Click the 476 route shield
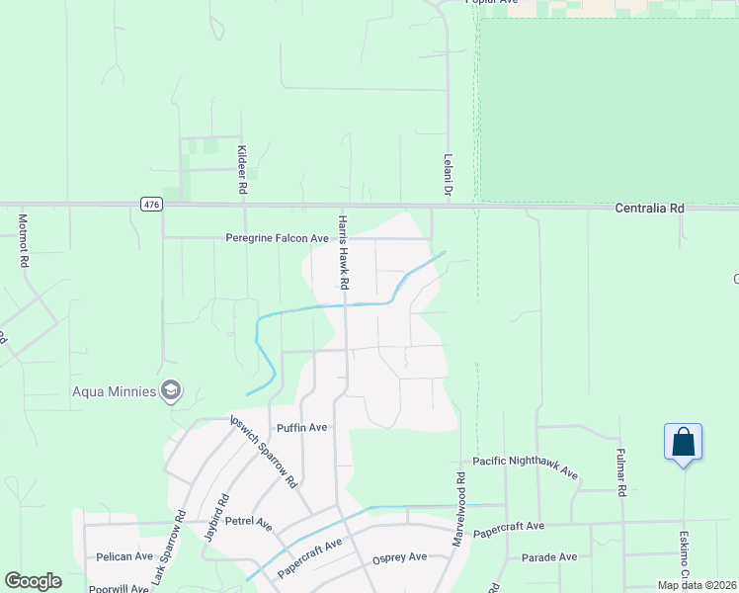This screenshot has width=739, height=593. click(150, 205)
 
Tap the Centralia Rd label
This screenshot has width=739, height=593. click(649, 209)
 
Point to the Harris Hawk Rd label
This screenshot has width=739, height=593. click(343, 252)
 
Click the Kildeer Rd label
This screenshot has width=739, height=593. click(241, 168)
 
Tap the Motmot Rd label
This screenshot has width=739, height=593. click(23, 241)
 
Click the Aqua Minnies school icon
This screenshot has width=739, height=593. click(171, 390)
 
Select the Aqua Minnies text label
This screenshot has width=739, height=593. click(115, 391)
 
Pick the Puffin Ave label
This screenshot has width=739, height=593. click(301, 428)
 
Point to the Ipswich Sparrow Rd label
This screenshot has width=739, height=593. click(264, 452)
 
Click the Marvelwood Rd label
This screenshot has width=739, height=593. click(458, 512)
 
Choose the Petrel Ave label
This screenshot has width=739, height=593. click(248, 521)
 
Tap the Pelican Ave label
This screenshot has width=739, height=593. click(124, 556)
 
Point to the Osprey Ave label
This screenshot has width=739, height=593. click(399, 557)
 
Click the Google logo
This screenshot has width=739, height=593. click(33, 581)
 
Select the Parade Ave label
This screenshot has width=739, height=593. click(549, 556)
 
